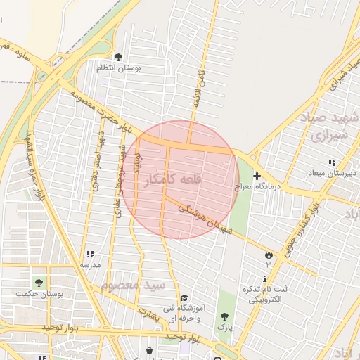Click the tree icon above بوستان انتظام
[117, 57]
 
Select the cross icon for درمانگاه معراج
[257, 176]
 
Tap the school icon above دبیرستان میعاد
[332, 162]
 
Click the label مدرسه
[90, 265]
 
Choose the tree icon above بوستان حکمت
[39, 283]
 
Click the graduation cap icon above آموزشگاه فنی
[184, 297]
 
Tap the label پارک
[224, 328]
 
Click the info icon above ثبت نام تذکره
[265, 278]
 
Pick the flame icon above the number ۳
[269, 255]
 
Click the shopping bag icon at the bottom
[149, 350]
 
